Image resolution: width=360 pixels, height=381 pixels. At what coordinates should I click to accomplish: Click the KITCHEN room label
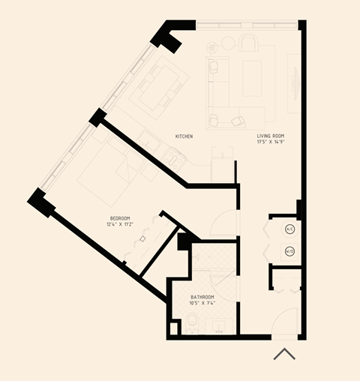coord(184,136)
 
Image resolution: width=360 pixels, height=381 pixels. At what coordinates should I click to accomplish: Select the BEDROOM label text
coord(121,218)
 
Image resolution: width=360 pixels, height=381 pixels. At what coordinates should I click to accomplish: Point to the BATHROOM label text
coord(202,297)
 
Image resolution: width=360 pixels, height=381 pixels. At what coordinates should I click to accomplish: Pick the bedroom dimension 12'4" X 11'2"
coord(121,224)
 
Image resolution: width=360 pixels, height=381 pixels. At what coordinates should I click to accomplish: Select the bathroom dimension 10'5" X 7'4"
coord(202,303)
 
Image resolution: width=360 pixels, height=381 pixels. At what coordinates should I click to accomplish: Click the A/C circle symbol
coord(289,229)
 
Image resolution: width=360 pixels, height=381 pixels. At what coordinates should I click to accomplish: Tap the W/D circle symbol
coord(289,251)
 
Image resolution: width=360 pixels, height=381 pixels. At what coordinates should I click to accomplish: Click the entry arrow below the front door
coord(283,354)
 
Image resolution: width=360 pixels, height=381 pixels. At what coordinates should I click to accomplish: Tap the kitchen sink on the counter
coord(174,155)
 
